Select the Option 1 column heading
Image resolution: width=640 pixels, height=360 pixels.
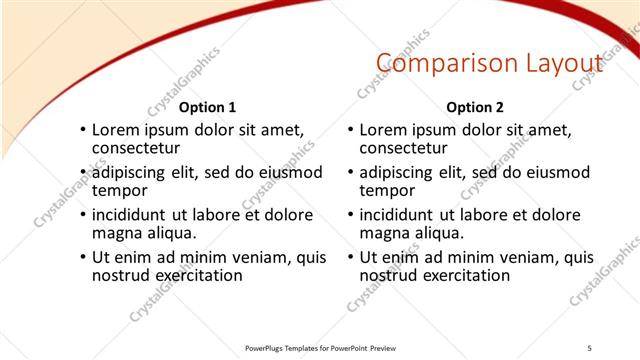point(208,107)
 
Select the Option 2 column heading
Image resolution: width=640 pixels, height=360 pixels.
point(475,107)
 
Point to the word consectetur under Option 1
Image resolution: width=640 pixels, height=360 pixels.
point(135,148)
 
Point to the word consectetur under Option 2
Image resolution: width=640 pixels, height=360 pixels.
point(402,148)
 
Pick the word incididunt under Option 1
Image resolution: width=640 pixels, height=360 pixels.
point(130,215)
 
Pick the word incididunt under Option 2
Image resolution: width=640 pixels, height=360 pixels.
point(397,215)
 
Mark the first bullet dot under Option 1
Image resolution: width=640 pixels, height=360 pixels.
point(83,131)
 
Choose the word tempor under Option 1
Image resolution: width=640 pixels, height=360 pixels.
point(119,190)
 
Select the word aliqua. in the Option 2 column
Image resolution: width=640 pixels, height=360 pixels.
point(437,233)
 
